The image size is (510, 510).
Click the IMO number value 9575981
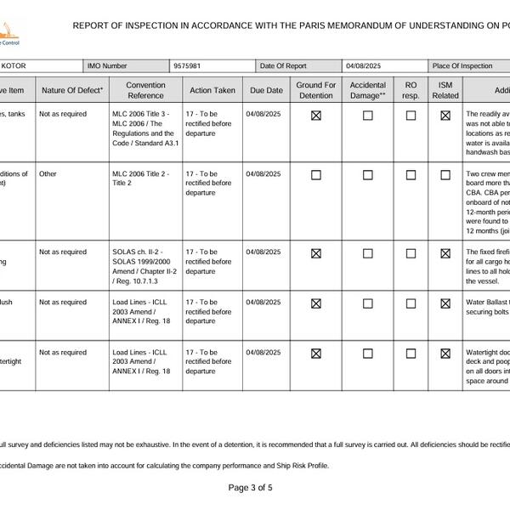[187, 65]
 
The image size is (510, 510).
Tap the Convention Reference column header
[145, 90]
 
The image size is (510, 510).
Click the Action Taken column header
[212, 90]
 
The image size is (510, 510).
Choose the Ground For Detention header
[316, 90]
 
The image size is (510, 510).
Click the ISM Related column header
[445, 90]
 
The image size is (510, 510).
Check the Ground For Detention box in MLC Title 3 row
[316, 116]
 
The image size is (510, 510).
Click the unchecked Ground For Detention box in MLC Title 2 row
[316, 175]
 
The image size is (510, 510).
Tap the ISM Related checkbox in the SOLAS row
[445, 253]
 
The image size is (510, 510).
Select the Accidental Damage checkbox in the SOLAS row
[368, 253]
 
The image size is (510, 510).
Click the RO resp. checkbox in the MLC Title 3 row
[411, 116]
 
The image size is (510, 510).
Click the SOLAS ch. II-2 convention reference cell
[143, 266]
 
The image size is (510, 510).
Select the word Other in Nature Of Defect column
[48, 173]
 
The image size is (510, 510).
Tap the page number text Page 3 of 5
[251, 488]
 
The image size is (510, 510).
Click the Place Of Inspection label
[462, 65]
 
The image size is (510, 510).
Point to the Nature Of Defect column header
[72, 90]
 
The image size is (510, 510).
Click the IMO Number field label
[108, 65]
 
